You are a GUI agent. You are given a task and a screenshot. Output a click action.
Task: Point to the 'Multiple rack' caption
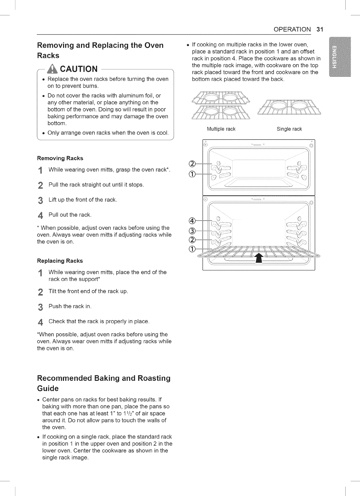pos(221,129)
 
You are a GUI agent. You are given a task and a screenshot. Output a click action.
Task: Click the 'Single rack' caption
pos(289,129)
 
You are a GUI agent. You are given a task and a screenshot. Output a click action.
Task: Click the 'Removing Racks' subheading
pos(60,158)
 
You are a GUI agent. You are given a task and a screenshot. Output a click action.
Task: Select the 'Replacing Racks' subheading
pos(60,260)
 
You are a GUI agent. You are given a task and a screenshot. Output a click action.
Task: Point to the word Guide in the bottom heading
pos(48,388)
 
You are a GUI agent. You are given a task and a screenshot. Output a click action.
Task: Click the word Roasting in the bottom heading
pos(151,378)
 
